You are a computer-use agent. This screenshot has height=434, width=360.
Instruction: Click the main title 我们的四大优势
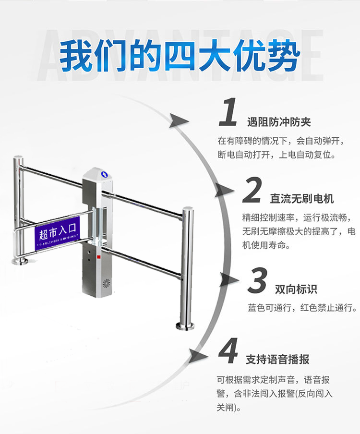pyautogui.click(x=180, y=57)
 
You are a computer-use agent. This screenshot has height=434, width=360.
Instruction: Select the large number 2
pyautogui.click(x=252, y=190)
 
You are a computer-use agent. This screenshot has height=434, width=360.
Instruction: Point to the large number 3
pyautogui.click(x=258, y=281)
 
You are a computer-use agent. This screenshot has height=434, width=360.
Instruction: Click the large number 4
pyautogui.click(x=228, y=351)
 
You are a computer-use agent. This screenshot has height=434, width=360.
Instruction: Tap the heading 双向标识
pyautogui.click(x=296, y=289)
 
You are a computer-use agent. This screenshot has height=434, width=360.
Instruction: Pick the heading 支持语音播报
pyautogui.click(x=277, y=359)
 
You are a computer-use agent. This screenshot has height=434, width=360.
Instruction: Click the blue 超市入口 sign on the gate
pyautogui.click(x=57, y=235)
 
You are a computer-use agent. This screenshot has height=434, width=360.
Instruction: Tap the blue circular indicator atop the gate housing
pyautogui.click(x=103, y=171)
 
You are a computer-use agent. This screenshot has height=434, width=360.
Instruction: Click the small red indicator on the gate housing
pyautogui.click(x=98, y=257)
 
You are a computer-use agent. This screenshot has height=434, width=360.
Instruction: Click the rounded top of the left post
pyautogui.click(x=18, y=158)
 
